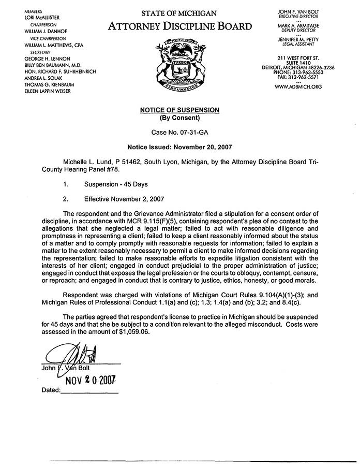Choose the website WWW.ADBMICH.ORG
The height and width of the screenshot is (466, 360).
click(x=298, y=87)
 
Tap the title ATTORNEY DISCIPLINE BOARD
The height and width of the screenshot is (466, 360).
click(x=181, y=26)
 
